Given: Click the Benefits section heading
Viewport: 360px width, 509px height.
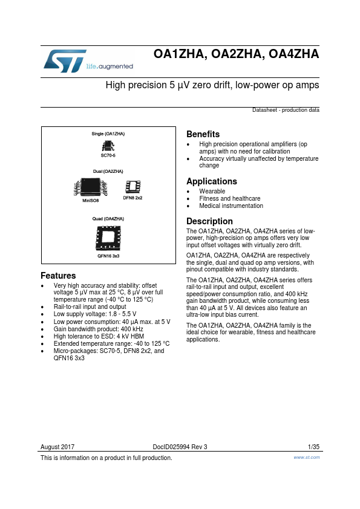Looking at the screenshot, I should pyautogui.click(x=203, y=134).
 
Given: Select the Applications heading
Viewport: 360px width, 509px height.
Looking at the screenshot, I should pyautogui.click(x=211, y=181).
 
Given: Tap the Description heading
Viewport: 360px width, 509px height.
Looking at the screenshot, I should pyautogui.click(x=209, y=221).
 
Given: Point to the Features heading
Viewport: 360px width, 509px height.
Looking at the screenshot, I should pyautogui.click(x=58, y=276).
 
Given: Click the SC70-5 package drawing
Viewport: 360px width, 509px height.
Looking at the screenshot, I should pyautogui.click(x=108, y=146).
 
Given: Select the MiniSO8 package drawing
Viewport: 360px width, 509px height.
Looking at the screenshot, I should pyautogui.click(x=90, y=188).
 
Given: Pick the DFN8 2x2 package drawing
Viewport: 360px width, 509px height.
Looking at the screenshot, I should pyautogui.click(x=132, y=187).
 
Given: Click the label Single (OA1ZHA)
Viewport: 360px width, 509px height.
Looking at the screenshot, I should pyautogui.click(x=108, y=133).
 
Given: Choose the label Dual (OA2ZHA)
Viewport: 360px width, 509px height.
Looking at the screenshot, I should pyautogui.click(x=108, y=172).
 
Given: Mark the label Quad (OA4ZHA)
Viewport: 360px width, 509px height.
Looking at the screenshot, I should pyautogui.click(x=108, y=218).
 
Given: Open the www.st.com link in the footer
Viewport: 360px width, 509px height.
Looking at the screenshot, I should pyautogui.click(x=306, y=458).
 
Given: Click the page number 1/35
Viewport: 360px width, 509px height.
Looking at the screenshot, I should pyautogui.click(x=313, y=447).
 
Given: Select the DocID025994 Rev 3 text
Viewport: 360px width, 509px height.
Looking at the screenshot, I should pyautogui.click(x=180, y=447).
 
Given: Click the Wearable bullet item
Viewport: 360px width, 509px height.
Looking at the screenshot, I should pyautogui.click(x=212, y=191).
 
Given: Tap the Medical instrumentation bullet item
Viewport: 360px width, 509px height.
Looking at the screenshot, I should pyautogui.click(x=231, y=206).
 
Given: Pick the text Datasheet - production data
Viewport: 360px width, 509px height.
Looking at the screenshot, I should pyautogui.click(x=286, y=111).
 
